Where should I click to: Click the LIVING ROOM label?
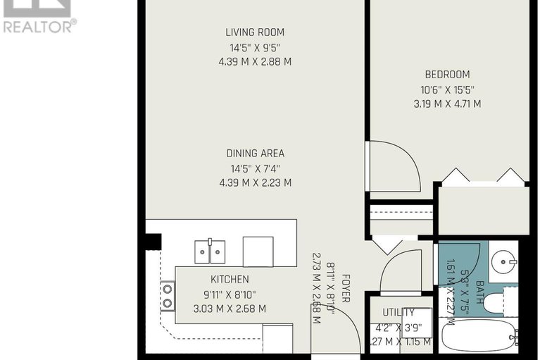click(x=255, y=32)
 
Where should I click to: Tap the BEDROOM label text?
click(x=446, y=75)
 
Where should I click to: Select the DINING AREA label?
click(x=255, y=153)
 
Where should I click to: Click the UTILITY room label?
click(x=398, y=312)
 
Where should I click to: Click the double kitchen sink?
click(x=209, y=249)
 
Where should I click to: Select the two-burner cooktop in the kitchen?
click(x=168, y=296)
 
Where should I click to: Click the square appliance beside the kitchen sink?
click(x=258, y=251)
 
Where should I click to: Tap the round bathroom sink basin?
click(x=505, y=262)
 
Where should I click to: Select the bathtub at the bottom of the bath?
click(x=477, y=336)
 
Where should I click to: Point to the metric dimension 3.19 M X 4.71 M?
click(x=446, y=104)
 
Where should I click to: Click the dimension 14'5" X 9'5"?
click(x=255, y=48)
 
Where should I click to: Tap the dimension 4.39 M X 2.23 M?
click(x=255, y=182)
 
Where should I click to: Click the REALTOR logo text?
click(x=38, y=27)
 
